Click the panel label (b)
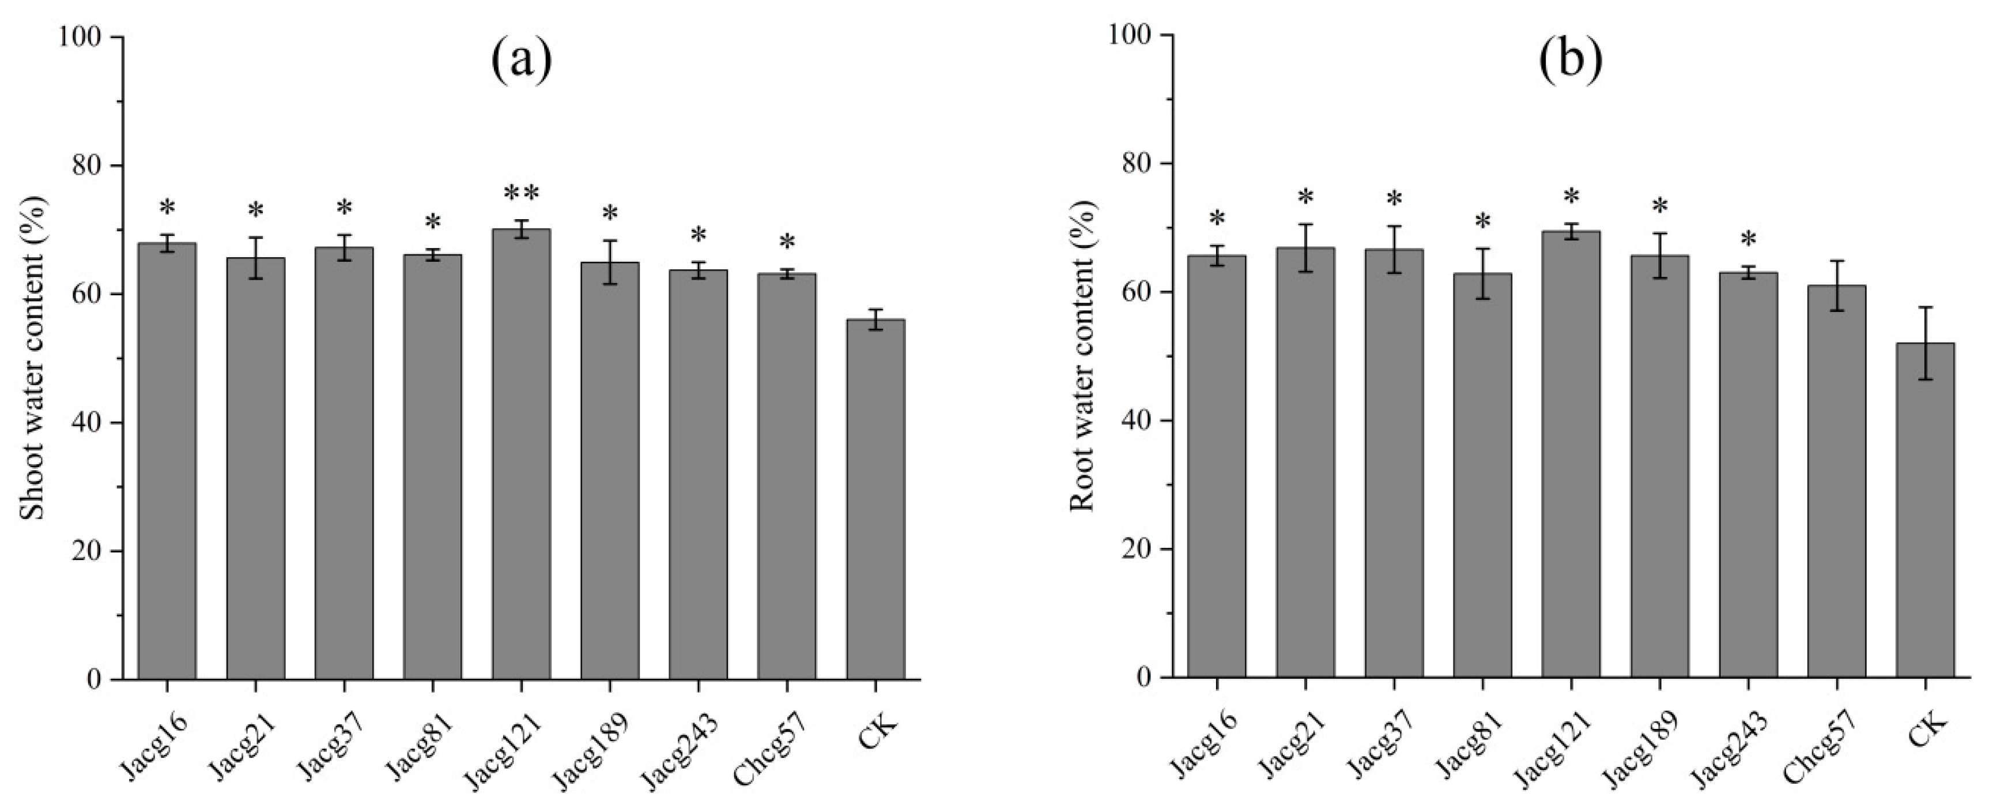(1571, 60)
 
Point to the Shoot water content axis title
(32, 359)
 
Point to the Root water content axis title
(1082, 357)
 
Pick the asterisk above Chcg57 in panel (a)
(786, 244)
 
